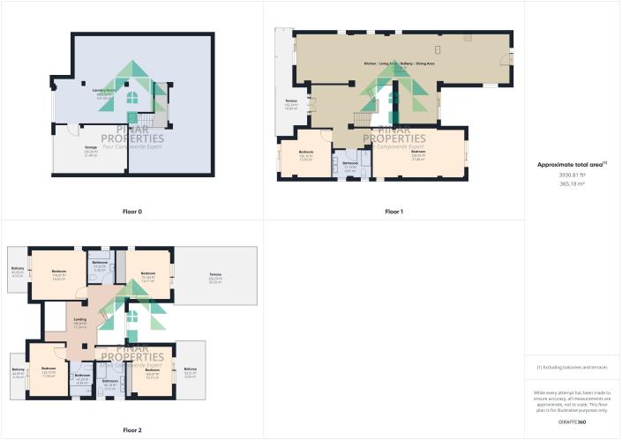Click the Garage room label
[90, 148]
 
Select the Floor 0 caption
[131, 212]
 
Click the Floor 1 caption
[393, 212]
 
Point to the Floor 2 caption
[131, 429]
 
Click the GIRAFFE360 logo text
[573, 423]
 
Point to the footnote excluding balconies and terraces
[573, 367]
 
